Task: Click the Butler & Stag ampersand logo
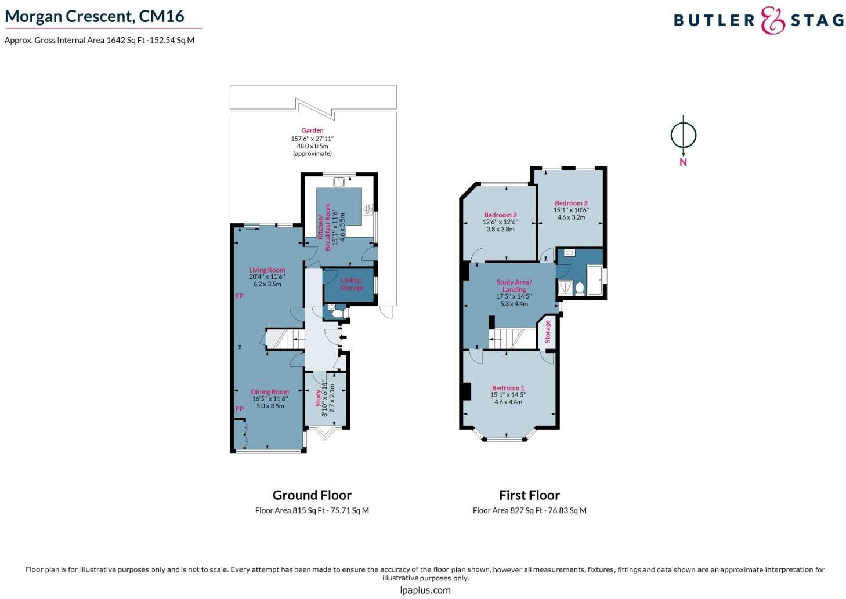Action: tap(772, 20)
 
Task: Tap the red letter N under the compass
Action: tap(683, 162)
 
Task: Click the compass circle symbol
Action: tap(683, 135)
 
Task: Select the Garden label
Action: tap(312, 130)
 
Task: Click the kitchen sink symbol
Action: tap(339, 182)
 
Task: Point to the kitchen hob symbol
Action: tap(367, 209)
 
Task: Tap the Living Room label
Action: tap(267, 270)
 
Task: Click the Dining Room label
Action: tap(270, 392)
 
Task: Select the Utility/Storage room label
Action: tap(352, 284)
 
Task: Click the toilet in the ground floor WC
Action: tap(337, 314)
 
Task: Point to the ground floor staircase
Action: tap(285, 339)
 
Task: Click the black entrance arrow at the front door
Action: tap(344, 337)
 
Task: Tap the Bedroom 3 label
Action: tap(571, 203)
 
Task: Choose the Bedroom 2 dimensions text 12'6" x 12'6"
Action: tap(500, 222)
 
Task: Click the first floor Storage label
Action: tap(548, 332)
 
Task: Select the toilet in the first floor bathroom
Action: tap(580, 289)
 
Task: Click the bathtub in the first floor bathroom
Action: tap(595, 279)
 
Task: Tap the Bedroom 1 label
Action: tap(508, 387)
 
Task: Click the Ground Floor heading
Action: tap(312, 495)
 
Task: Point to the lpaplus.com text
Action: tap(425, 590)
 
